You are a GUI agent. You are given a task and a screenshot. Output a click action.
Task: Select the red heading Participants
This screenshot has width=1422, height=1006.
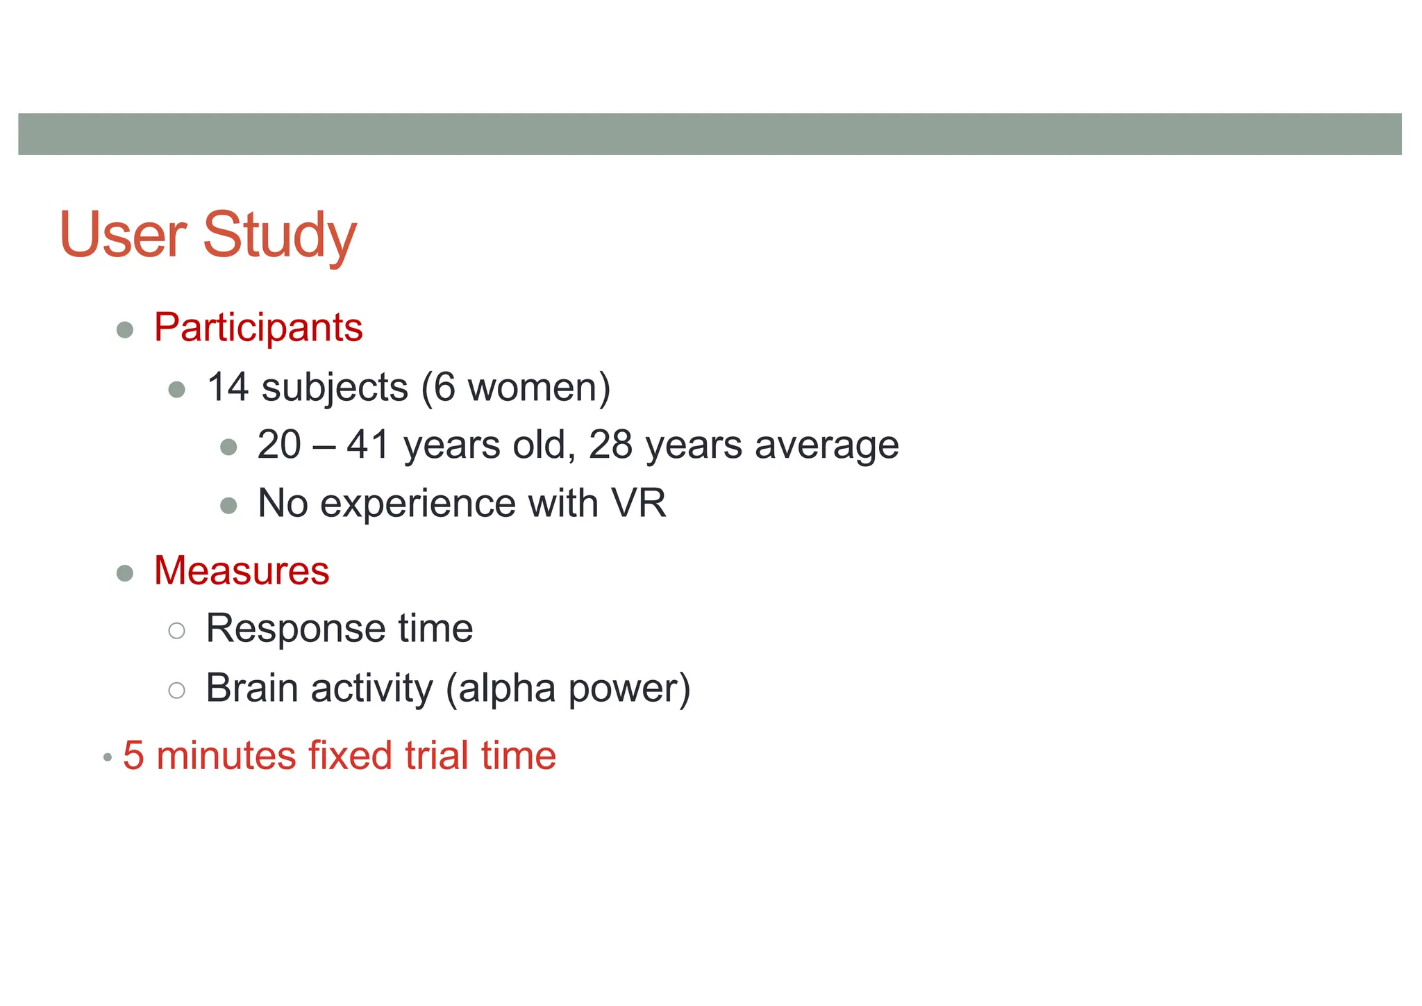point(258,327)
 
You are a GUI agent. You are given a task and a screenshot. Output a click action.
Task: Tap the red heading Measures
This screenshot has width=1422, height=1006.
point(242,570)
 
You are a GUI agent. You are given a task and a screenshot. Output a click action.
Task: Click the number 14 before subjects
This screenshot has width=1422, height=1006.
point(228,387)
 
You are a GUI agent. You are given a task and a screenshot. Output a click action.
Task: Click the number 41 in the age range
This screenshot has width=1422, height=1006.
point(368,445)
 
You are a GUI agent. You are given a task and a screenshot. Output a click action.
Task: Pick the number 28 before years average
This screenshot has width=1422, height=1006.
point(610,445)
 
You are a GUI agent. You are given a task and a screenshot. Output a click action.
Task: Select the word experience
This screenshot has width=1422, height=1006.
point(417,504)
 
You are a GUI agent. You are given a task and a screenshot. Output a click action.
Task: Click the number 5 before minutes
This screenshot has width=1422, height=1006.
point(133,756)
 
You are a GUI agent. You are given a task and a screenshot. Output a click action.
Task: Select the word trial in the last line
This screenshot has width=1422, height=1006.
point(437,756)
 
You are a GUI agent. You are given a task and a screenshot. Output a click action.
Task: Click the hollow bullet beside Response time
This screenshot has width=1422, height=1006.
point(177,631)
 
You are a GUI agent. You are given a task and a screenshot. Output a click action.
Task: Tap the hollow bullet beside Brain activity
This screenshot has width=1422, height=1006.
point(177,690)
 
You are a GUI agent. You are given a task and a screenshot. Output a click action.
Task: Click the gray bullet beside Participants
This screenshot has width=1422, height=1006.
point(125,329)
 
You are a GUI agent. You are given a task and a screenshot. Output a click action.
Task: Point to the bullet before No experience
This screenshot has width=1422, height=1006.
point(228,505)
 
